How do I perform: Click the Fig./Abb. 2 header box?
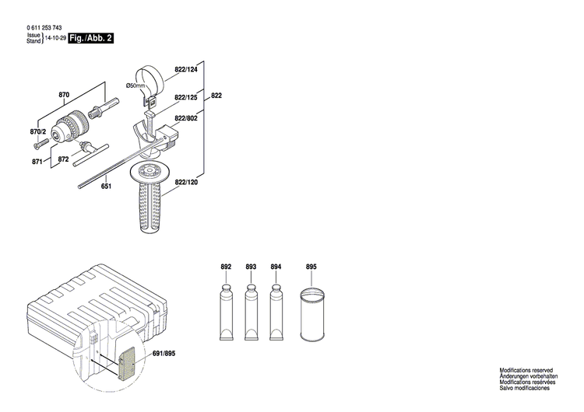(90, 38)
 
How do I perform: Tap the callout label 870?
(65, 95)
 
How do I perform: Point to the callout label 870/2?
(38, 131)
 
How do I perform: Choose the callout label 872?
(63, 160)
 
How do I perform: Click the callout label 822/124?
(185, 70)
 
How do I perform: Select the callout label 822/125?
(185, 97)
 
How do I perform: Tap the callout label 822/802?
(185, 118)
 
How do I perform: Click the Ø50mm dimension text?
(136, 86)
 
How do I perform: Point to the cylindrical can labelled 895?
(311, 315)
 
